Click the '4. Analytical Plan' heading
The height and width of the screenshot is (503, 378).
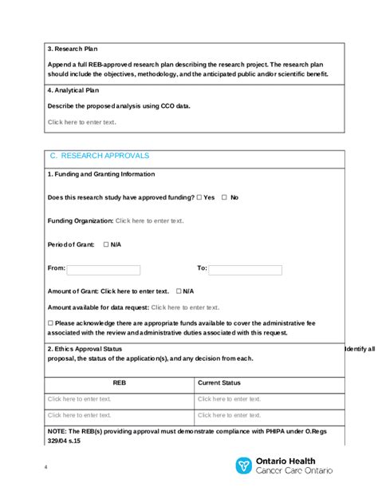coord(79,91)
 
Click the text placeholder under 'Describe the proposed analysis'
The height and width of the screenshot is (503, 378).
coord(81,122)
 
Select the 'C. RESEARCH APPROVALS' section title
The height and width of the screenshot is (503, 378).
coord(100,156)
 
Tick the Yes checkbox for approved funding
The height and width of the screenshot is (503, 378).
coord(199,197)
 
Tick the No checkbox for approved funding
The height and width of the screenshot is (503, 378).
coord(224,197)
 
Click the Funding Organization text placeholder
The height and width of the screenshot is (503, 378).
coord(149,220)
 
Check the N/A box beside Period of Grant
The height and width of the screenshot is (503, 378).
coord(106,244)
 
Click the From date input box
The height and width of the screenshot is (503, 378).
coord(104,270)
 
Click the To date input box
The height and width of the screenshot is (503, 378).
coord(244,270)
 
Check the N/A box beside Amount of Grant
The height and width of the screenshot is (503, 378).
coord(179,291)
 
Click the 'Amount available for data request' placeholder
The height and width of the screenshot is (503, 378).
coord(185,307)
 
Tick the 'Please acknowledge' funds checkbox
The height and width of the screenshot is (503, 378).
coord(50,323)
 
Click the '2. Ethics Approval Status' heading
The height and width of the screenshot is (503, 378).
coord(85,349)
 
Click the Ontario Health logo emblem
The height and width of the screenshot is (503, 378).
coord(243,465)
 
